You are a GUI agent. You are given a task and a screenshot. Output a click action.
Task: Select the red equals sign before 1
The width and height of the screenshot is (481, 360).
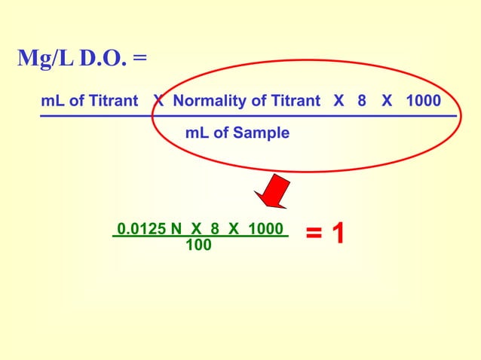316,233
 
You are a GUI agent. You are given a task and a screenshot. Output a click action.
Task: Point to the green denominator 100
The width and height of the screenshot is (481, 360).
198,245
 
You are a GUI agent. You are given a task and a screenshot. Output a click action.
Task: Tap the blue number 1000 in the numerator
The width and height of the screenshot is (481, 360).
423,101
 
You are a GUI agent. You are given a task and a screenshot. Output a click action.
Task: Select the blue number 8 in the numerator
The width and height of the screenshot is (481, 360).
362,101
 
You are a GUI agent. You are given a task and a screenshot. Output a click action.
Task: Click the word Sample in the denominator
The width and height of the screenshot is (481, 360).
261,133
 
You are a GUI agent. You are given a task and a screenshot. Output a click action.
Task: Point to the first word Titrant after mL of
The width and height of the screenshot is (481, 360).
112,101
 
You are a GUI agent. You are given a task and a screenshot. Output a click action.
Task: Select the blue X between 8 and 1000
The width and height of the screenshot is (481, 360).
387,101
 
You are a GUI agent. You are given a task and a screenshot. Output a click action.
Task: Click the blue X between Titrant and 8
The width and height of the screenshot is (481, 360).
339,101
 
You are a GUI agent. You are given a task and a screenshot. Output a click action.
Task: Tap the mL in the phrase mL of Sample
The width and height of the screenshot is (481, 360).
198,133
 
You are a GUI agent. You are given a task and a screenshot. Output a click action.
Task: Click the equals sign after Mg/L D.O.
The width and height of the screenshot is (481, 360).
140,60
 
